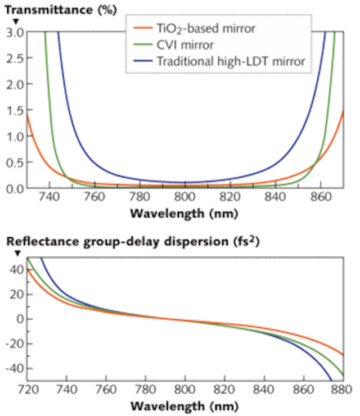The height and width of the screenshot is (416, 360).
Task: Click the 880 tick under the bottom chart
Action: coord(337,389)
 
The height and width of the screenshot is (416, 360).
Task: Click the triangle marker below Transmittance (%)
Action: coord(17,21)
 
